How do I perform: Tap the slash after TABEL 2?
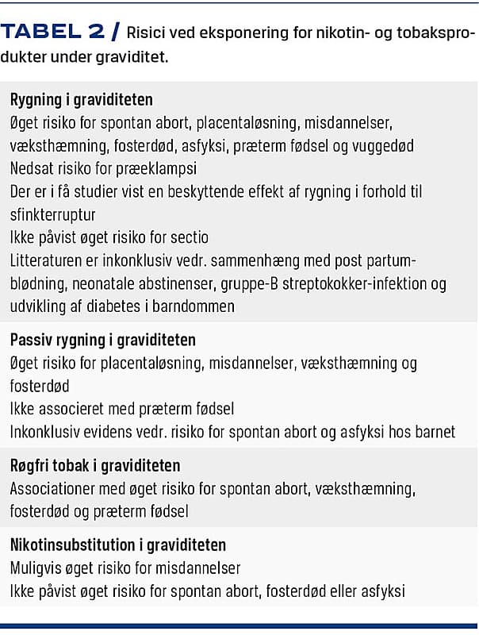[116, 33]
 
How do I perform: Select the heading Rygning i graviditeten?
[82, 101]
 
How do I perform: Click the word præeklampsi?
[159, 168]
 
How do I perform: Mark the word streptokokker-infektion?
[354, 283]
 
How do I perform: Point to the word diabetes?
[114, 306]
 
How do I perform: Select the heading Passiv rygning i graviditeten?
[102, 340]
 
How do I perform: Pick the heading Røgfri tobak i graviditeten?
[95, 466]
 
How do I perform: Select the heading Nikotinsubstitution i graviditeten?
[118, 545]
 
